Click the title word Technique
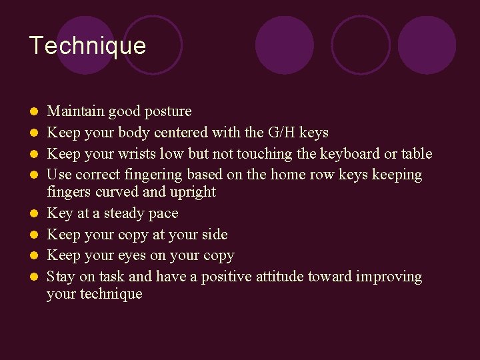click(87, 45)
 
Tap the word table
click(417, 154)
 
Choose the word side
click(214, 235)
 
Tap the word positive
click(228, 277)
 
